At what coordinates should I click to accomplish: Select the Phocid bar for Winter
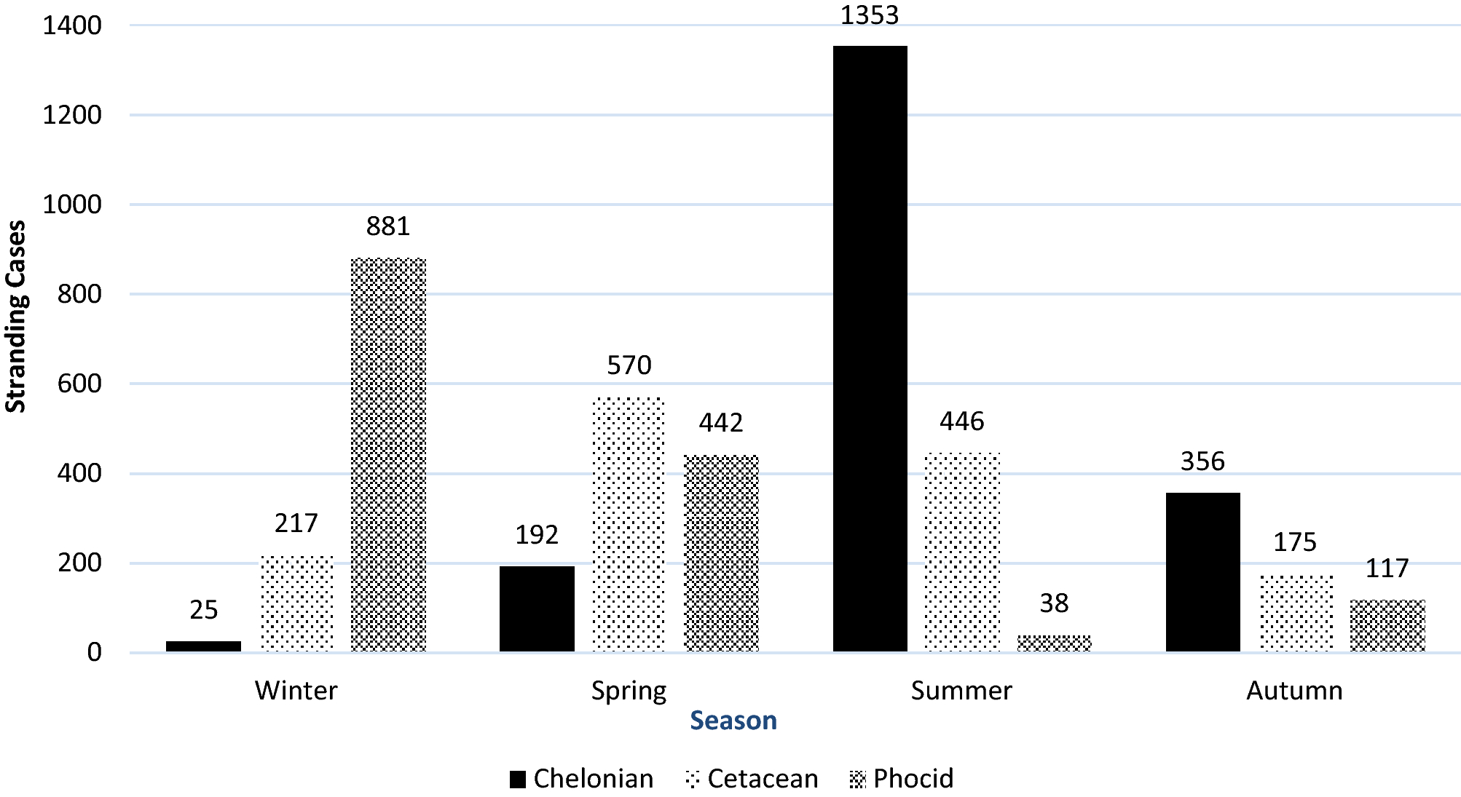tap(388, 454)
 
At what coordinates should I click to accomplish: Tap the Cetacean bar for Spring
tap(629, 524)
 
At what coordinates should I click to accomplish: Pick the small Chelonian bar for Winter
tap(203, 646)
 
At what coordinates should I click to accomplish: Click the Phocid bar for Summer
tap(1054, 643)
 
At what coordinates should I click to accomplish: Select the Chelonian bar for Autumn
tap(1202, 571)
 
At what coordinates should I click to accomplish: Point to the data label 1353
tap(870, 15)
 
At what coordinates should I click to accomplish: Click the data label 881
tap(388, 226)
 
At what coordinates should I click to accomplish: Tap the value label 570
tap(629, 365)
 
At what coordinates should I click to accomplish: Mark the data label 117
tap(1387, 568)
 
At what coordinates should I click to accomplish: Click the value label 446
tap(961, 421)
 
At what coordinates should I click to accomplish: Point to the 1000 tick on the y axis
tap(71, 205)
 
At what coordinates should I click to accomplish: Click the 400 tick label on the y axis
tap(79, 473)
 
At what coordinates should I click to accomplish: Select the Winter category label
tap(296, 690)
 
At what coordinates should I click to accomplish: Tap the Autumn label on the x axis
tap(1294, 690)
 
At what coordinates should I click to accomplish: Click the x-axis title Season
tap(733, 720)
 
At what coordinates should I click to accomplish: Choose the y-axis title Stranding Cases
tap(16, 317)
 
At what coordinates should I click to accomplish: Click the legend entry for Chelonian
tap(581, 779)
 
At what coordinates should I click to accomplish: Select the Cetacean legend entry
tap(752, 779)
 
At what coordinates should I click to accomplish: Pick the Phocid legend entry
tap(902, 779)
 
